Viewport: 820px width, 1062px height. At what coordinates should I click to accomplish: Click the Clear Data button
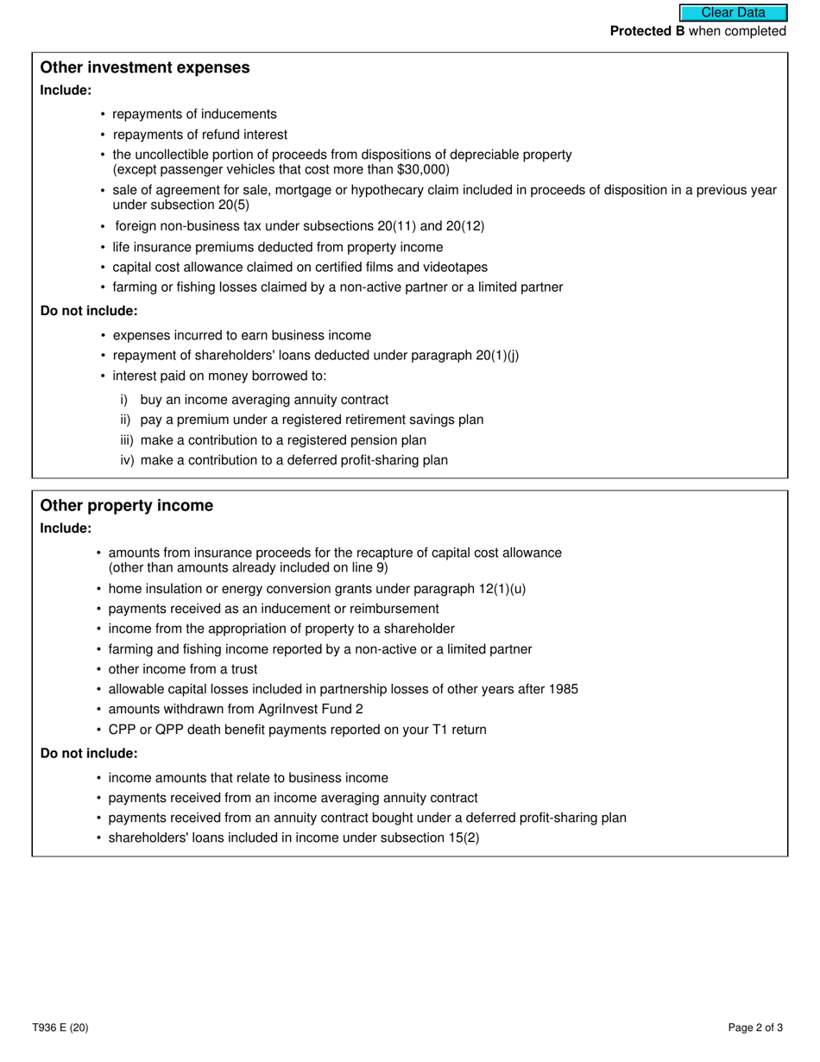click(x=733, y=13)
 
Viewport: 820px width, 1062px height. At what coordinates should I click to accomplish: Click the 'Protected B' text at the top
click(x=641, y=31)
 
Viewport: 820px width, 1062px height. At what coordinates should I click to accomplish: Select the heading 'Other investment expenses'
click(x=145, y=67)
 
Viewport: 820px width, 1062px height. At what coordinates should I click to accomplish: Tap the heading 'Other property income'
click(x=127, y=505)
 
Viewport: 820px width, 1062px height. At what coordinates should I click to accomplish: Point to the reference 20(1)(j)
click(x=497, y=356)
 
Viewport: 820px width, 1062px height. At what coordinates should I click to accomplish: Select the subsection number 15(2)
click(x=463, y=838)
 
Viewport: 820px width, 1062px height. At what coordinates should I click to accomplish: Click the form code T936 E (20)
click(x=60, y=1027)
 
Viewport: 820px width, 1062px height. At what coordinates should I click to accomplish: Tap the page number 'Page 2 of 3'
click(x=755, y=1027)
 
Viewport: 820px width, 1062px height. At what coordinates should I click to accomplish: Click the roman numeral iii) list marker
click(x=127, y=440)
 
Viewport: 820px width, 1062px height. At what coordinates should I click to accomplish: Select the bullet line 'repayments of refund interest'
click(x=200, y=135)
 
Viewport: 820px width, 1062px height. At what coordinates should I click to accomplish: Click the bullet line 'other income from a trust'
click(x=183, y=669)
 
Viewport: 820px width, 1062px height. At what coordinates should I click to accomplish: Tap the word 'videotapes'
click(x=457, y=267)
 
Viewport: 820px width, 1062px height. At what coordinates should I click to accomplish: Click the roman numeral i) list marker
click(x=124, y=400)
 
